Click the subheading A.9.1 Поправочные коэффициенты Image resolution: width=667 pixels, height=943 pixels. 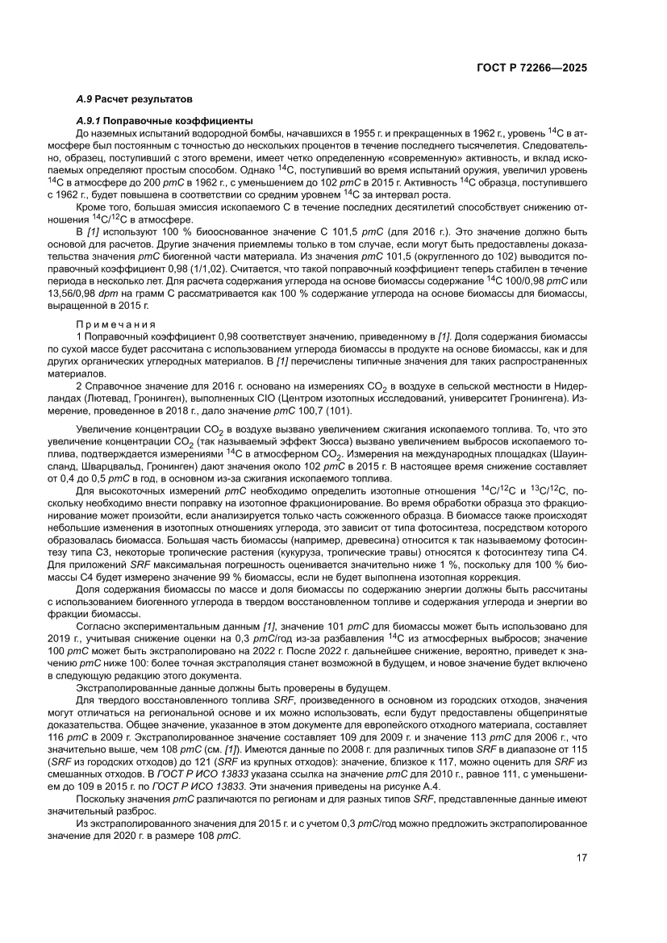click(x=153, y=119)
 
